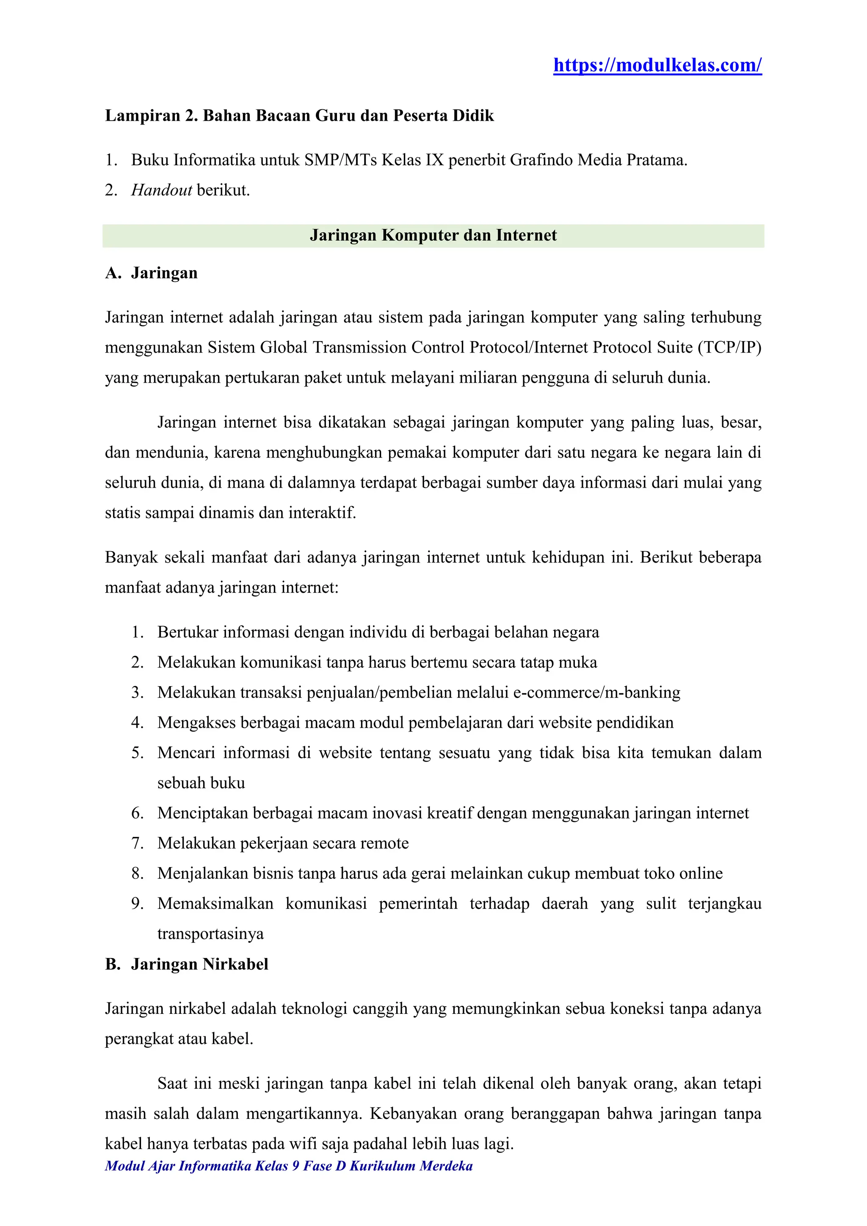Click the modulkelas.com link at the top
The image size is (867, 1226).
point(657,66)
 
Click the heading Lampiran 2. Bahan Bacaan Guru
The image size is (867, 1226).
point(299,116)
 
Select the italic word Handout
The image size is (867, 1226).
point(161,190)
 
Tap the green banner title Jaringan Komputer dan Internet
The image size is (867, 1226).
point(433,235)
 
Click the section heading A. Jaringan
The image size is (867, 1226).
point(151,273)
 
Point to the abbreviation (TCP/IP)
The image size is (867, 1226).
point(729,348)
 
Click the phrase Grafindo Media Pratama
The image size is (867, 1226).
point(598,160)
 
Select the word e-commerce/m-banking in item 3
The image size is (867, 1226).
point(596,693)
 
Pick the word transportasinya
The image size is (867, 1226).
point(210,934)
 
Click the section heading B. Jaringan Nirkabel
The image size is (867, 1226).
point(187,964)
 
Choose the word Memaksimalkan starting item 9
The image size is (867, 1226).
point(215,903)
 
